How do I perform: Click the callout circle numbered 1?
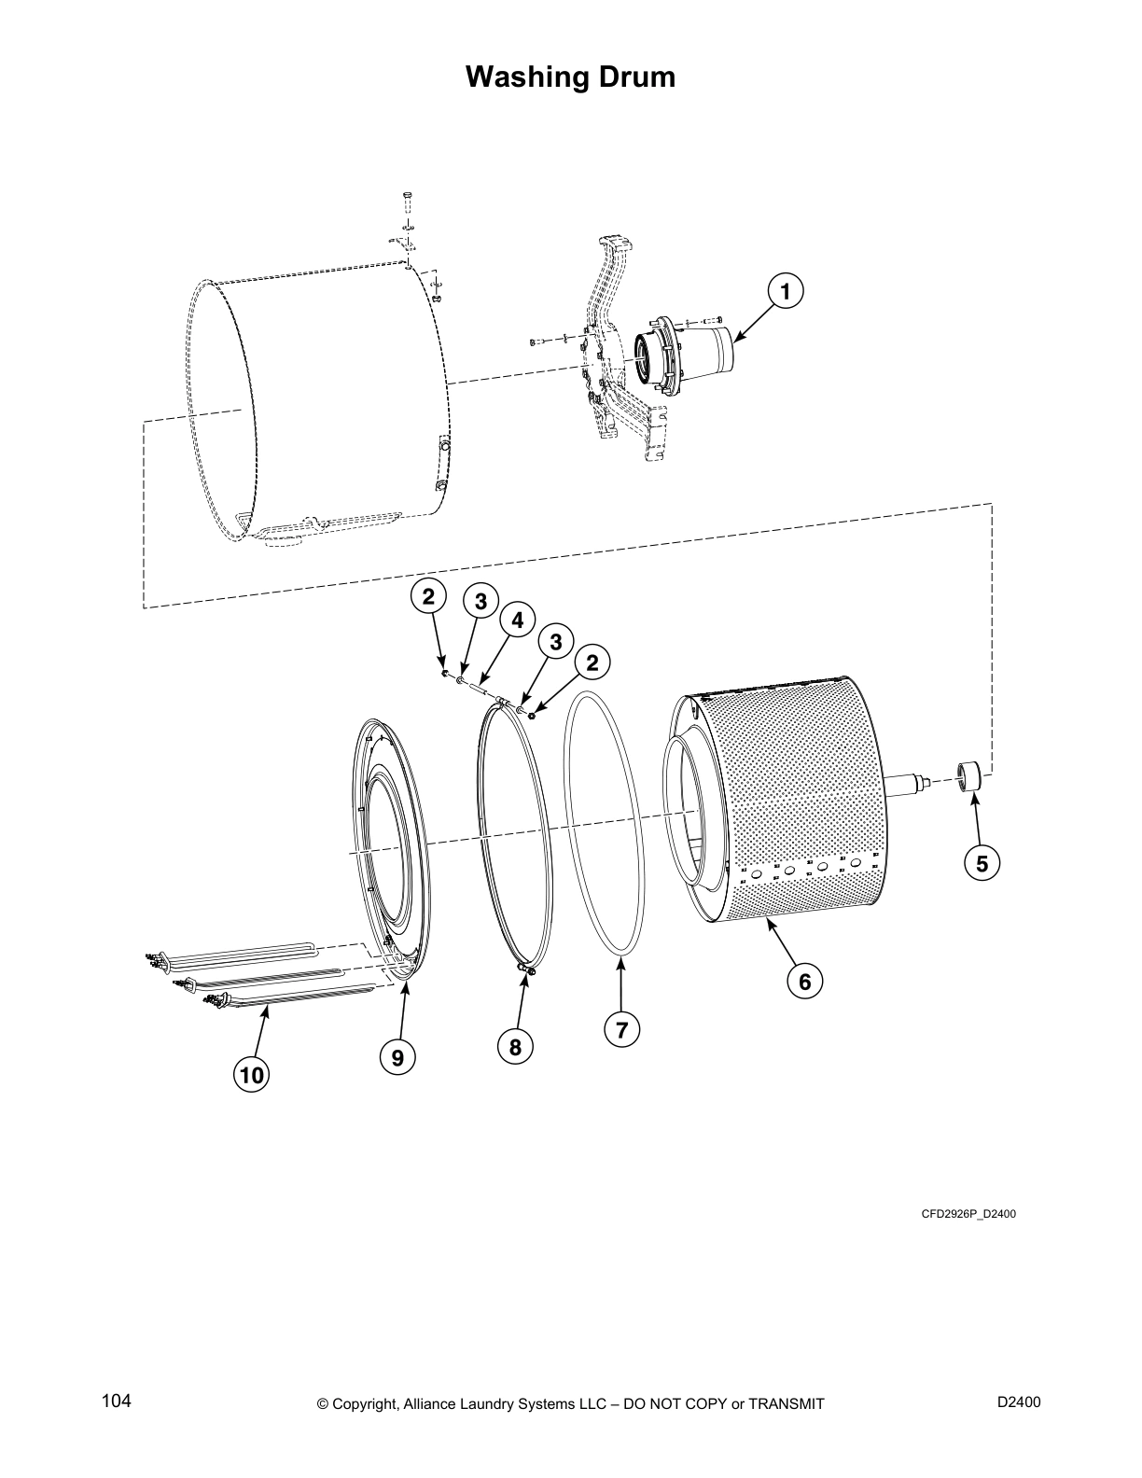coord(785,292)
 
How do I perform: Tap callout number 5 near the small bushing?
coord(982,864)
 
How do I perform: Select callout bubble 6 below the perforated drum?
coord(804,981)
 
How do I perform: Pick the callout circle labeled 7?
coord(621,1029)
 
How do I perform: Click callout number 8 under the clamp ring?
coord(515,1047)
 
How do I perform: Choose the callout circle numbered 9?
coord(397,1057)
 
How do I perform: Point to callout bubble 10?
coord(251,1075)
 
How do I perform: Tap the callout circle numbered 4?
coord(516,620)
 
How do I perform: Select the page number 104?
coord(116,1401)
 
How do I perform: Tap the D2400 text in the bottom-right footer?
coord(1019,1401)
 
